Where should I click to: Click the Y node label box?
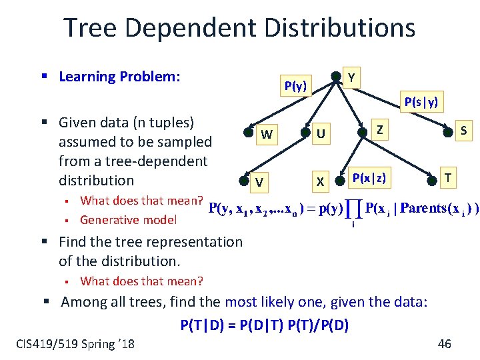tap(352, 78)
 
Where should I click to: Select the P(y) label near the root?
tap(295, 86)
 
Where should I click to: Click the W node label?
tap(266, 135)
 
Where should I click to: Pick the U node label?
tap(321, 135)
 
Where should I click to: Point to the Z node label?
tap(379, 129)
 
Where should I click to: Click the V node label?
tap(259, 182)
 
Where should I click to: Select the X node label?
tap(321, 182)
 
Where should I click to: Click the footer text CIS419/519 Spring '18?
tap(75, 343)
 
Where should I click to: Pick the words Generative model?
tap(128, 220)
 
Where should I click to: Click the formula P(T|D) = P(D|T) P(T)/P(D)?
tap(265, 325)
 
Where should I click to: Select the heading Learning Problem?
tap(119, 77)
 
